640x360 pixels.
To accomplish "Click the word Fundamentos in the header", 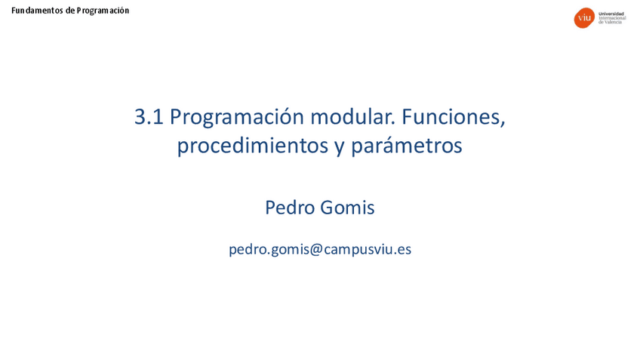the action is (x=37, y=11).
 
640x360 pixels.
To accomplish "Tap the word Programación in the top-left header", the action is (x=103, y=11).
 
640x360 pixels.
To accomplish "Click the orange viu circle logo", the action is (x=584, y=18).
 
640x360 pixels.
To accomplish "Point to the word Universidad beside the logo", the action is (x=611, y=14).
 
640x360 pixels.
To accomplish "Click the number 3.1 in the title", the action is (x=149, y=117).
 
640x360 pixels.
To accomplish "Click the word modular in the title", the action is (x=352, y=117).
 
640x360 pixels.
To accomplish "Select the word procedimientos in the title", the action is (x=253, y=146).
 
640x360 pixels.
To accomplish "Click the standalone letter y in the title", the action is (x=340, y=148).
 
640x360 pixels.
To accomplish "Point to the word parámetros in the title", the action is (x=407, y=146).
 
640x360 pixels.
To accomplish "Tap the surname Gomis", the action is (x=347, y=208).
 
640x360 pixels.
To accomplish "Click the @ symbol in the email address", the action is (x=316, y=249).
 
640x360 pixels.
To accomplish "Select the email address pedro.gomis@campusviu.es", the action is (x=320, y=249).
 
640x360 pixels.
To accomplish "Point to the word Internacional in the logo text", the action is (x=612, y=18).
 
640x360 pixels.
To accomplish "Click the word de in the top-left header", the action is (x=69, y=11).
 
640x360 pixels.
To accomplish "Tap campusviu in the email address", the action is (x=358, y=251).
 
